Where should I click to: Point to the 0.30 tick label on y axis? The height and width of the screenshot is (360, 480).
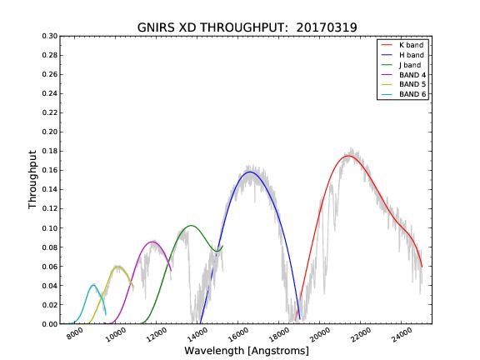click(x=50, y=36)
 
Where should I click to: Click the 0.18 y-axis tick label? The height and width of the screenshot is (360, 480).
click(x=50, y=151)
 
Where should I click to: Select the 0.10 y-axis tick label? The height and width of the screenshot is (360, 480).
click(x=50, y=228)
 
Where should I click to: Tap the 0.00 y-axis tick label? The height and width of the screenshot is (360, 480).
click(x=50, y=324)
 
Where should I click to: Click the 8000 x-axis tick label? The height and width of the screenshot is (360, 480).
click(x=75, y=333)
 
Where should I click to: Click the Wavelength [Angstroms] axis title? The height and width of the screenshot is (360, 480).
click(x=247, y=351)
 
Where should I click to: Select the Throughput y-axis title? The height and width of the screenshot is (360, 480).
click(x=32, y=179)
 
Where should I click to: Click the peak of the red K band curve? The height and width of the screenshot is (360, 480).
click(x=348, y=156)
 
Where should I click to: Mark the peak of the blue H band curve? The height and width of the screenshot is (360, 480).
click(x=250, y=172)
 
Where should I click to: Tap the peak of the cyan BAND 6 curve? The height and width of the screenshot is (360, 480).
click(x=93, y=285)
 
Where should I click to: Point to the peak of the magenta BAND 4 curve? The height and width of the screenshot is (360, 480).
click(x=152, y=242)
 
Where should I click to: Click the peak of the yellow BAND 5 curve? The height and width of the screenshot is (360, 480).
click(x=117, y=267)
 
